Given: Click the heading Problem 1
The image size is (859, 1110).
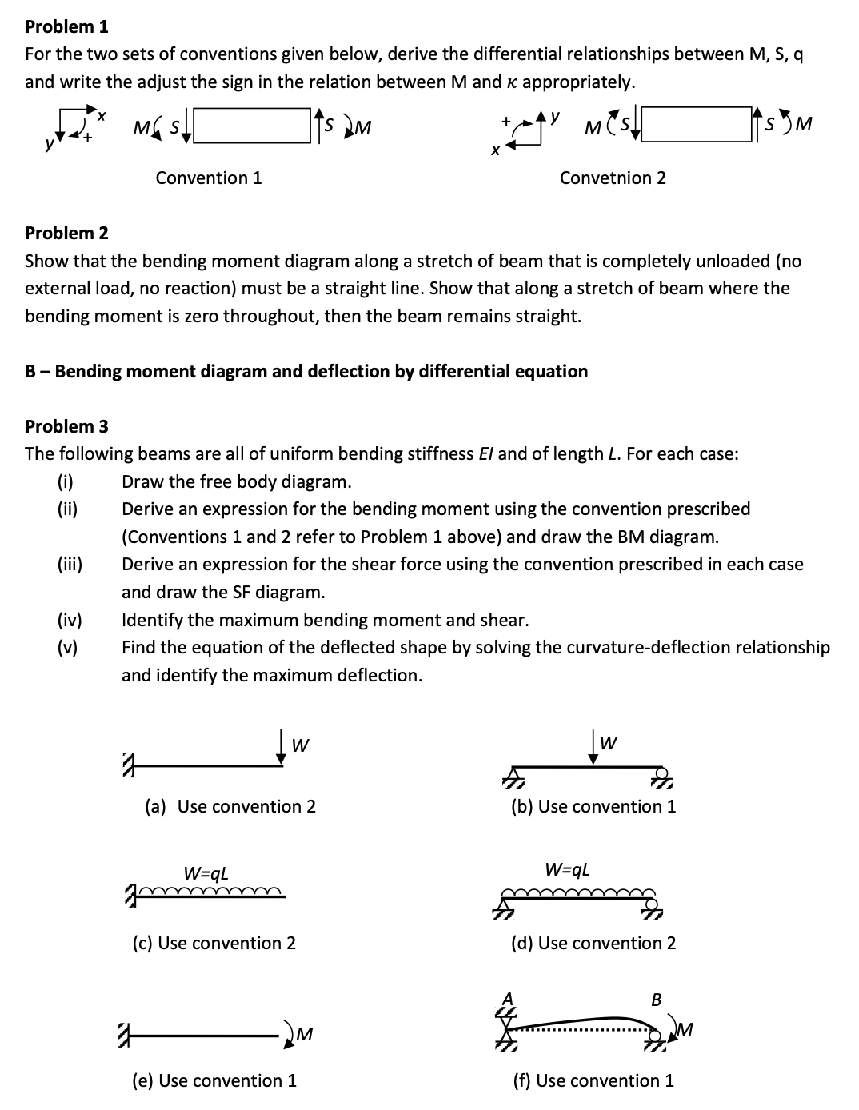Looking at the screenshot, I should (x=66, y=26).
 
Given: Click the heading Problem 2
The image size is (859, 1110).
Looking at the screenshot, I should (x=66, y=233).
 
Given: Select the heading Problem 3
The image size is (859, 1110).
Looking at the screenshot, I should (x=66, y=426).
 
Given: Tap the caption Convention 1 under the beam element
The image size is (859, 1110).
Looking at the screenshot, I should (x=208, y=178).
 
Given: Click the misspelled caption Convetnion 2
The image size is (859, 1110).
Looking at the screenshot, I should (x=612, y=178).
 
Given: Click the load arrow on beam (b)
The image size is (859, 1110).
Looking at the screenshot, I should (x=593, y=749).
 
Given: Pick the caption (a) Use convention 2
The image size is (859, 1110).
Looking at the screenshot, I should (x=230, y=806).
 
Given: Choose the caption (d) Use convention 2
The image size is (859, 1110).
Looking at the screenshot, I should (x=593, y=943).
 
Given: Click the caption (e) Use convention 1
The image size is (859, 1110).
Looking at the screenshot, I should (x=214, y=1080).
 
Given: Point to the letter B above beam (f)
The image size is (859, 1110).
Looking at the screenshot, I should (x=657, y=1000).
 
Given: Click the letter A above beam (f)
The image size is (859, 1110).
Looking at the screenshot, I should (x=506, y=997).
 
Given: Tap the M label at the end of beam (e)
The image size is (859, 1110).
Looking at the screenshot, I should (x=303, y=1036).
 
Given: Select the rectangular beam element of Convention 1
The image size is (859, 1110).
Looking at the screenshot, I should (x=251, y=126).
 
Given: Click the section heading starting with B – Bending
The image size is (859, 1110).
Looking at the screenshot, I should (x=306, y=371).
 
